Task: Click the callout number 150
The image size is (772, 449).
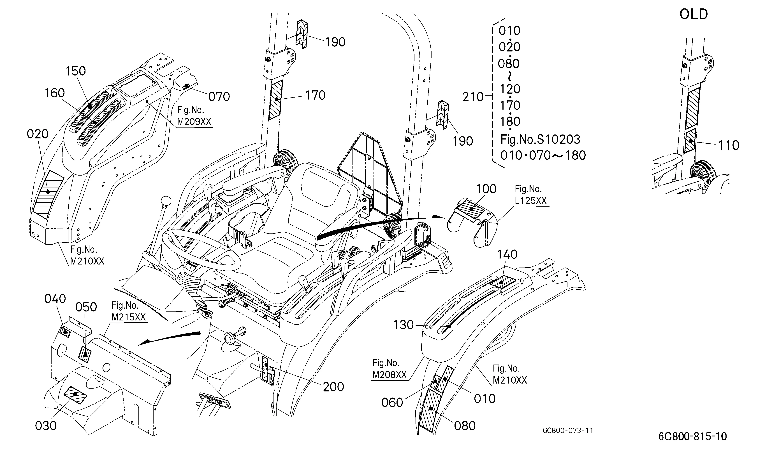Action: [x=76, y=71]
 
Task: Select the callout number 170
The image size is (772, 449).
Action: [x=315, y=95]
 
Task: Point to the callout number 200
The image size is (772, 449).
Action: [x=333, y=387]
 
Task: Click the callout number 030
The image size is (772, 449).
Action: [x=46, y=426]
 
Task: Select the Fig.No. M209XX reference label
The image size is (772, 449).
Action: [x=194, y=116]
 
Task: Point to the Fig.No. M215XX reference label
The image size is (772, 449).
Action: [x=128, y=311]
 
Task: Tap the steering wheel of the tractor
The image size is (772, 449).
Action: [x=201, y=250]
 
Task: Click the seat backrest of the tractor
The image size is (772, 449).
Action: [x=319, y=186]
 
